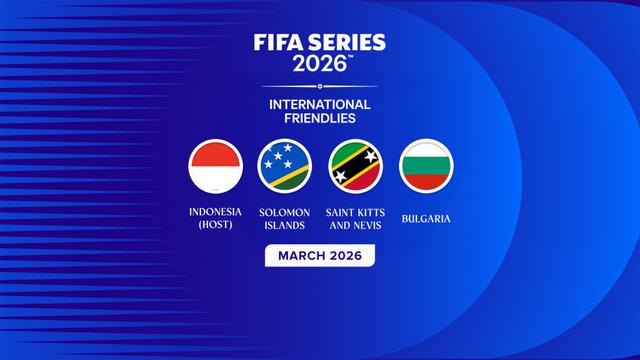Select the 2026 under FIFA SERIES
click(x=319, y=64)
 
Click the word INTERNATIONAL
click(x=320, y=104)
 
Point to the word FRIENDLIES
click(x=320, y=118)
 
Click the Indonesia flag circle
click(x=216, y=166)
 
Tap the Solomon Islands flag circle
click(x=285, y=166)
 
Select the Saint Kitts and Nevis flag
click(x=355, y=166)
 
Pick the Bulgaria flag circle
click(x=426, y=166)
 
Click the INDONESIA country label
click(x=216, y=212)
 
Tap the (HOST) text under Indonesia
click(x=216, y=226)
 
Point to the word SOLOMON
click(x=285, y=212)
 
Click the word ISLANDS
click(x=285, y=226)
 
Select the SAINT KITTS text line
click(x=355, y=212)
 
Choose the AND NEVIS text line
click(x=355, y=226)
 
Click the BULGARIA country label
click(x=426, y=217)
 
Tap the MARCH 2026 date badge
click(x=320, y=256)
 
